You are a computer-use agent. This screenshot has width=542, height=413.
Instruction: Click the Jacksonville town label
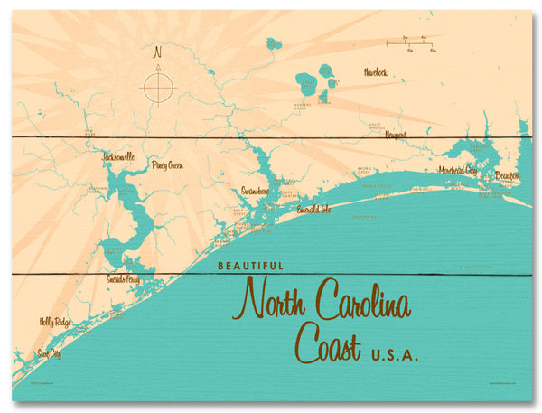coord(118,156)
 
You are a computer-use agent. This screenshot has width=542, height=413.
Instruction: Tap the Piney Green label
coord(168,165)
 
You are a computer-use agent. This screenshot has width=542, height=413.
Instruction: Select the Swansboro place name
coord(256,191)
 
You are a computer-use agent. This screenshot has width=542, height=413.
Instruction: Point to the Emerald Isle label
coord(315,209)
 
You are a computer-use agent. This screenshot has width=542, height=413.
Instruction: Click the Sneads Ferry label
coord(123,278)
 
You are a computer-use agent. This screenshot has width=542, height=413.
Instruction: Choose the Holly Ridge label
coord(54,321)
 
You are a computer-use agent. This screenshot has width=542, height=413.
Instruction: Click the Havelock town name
coord(375,71)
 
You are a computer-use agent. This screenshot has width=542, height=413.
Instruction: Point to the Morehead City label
coord(458,169)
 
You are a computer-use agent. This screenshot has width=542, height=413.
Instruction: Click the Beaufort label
coord(508,174)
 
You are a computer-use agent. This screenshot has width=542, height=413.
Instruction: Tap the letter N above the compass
coord(158,51)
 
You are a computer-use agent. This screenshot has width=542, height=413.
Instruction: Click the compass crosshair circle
coord(158,87)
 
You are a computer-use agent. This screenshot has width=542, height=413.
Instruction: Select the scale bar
coord(409,42)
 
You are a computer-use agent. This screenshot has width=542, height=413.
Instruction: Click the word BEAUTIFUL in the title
coord(250,267)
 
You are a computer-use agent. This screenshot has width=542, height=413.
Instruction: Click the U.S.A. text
coord(395,354)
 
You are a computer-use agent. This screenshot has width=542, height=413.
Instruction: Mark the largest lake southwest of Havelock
coord(307,86)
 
